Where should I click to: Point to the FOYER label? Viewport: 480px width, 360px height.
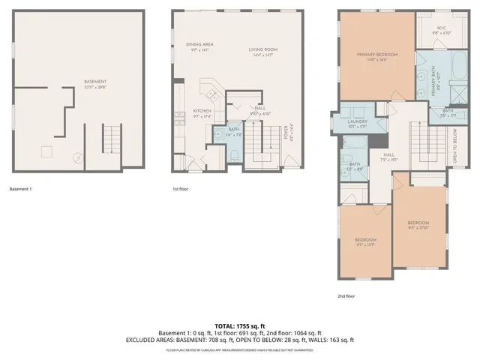(286, 133)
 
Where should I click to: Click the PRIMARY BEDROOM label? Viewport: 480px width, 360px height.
(376, 55)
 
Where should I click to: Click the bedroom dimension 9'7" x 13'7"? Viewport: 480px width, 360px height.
(365, 244)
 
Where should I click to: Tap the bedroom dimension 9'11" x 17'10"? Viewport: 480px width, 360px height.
(418, 228)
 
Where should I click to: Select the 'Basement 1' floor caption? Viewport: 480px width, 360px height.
(20, 189)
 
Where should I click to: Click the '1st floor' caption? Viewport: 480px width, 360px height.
(181, 189)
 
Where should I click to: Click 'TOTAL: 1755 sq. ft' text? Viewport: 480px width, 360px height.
(240, 325)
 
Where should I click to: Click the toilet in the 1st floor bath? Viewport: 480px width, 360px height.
(234, 154)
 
